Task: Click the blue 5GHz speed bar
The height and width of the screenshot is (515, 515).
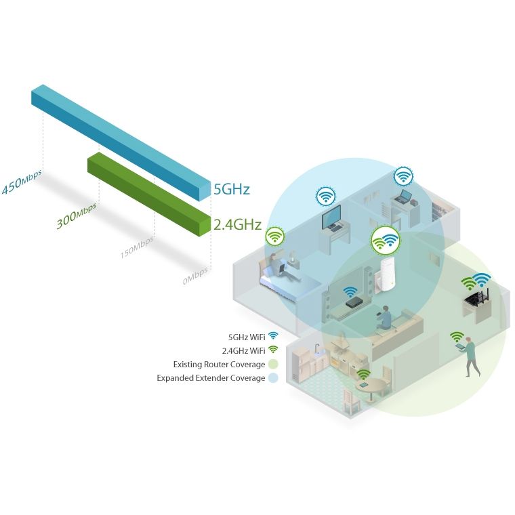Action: pyautogui.click(x=121, y=142)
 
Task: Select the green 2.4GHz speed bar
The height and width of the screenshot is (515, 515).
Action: pyautogui.click(x=149, y=194)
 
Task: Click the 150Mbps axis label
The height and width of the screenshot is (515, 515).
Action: pyautogui.click(x=137, y=247)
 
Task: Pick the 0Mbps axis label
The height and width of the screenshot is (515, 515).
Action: pyautogui.click(x=195, y=276)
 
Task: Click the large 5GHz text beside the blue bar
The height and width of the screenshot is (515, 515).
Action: pyautogui.click(x=232, y=189)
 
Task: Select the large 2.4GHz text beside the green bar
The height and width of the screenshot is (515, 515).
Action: pyautogui.click(x=237, y=225)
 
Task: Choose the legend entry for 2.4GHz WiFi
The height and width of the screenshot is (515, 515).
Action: pyautogui.click(x=250, y=350)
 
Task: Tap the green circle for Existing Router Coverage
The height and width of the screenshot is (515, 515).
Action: pyautogui.click(x=273, y=364)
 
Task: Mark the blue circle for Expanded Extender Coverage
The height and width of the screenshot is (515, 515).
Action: pyautogui.click(x=273, y=377)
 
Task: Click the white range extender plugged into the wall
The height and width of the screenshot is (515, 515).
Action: pyautogui.click(x=386, y=275)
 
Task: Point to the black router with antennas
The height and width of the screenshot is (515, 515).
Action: pyautogui.click(x=476, y=298)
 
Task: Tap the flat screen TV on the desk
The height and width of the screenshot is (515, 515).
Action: pyautogui.click(x=331, y=218)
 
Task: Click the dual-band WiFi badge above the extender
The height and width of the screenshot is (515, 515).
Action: pyautogui.click(x=386, y=241)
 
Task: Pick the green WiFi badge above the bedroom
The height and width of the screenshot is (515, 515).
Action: pyautogui.click(x=274, y=236)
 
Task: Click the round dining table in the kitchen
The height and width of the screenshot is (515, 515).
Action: pyautogui.click(x=373, y=388)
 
